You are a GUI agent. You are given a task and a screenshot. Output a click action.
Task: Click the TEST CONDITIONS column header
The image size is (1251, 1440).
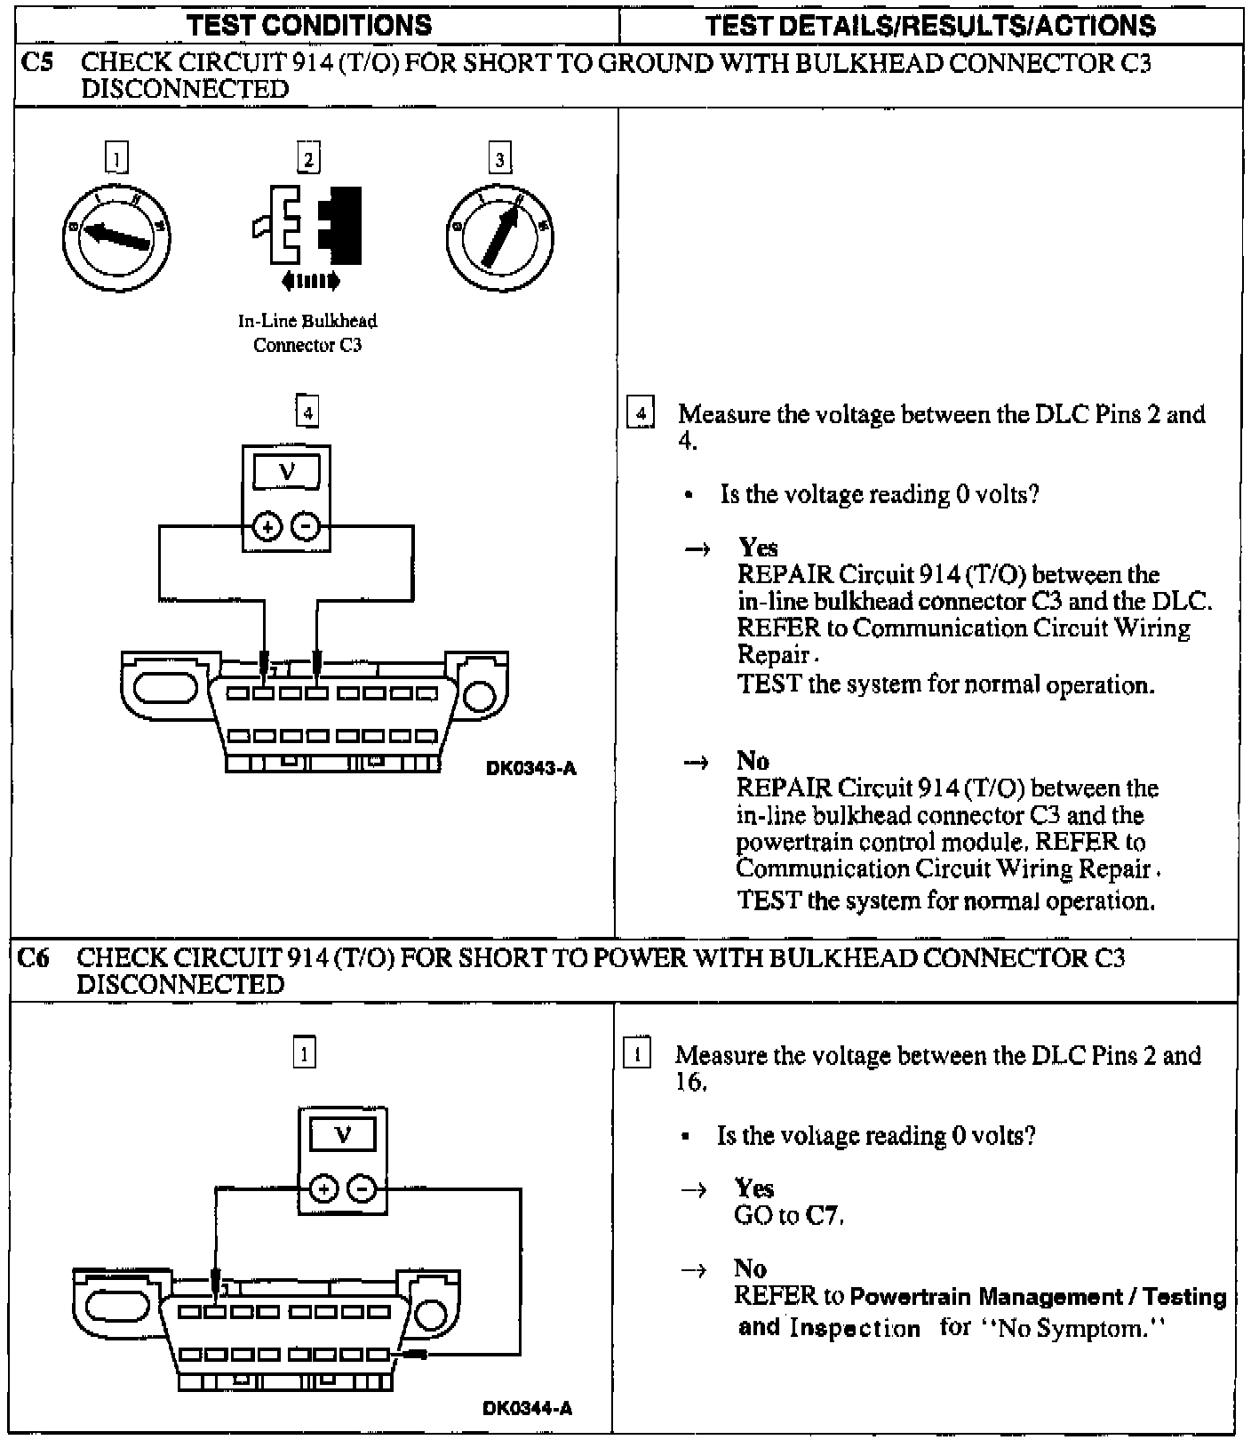310,26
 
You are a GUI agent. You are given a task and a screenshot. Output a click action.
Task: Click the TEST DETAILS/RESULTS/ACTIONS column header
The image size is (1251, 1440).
930,26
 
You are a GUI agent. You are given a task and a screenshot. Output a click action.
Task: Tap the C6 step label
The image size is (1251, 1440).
33,958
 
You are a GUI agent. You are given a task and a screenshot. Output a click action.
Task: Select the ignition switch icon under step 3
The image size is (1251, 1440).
499,236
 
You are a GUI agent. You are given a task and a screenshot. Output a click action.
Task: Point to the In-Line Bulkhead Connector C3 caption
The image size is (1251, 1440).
307,333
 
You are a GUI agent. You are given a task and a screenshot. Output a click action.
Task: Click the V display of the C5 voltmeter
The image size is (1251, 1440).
286,471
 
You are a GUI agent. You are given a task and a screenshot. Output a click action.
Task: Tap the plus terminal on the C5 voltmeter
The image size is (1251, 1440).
266,527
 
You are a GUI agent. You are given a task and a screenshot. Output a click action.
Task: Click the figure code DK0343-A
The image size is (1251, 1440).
530,769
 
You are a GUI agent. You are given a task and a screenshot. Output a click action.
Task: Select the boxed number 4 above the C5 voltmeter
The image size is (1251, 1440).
307,412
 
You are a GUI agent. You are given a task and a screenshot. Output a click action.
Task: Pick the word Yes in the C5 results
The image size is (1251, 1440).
758,548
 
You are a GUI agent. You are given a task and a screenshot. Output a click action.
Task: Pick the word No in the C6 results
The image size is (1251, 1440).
750,1268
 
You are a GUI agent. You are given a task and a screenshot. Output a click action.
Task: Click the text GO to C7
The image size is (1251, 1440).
788,1215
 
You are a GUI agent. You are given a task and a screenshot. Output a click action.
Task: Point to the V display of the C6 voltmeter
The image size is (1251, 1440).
343,1135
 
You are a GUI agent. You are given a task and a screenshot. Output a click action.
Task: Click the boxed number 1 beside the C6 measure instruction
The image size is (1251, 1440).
638,1055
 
